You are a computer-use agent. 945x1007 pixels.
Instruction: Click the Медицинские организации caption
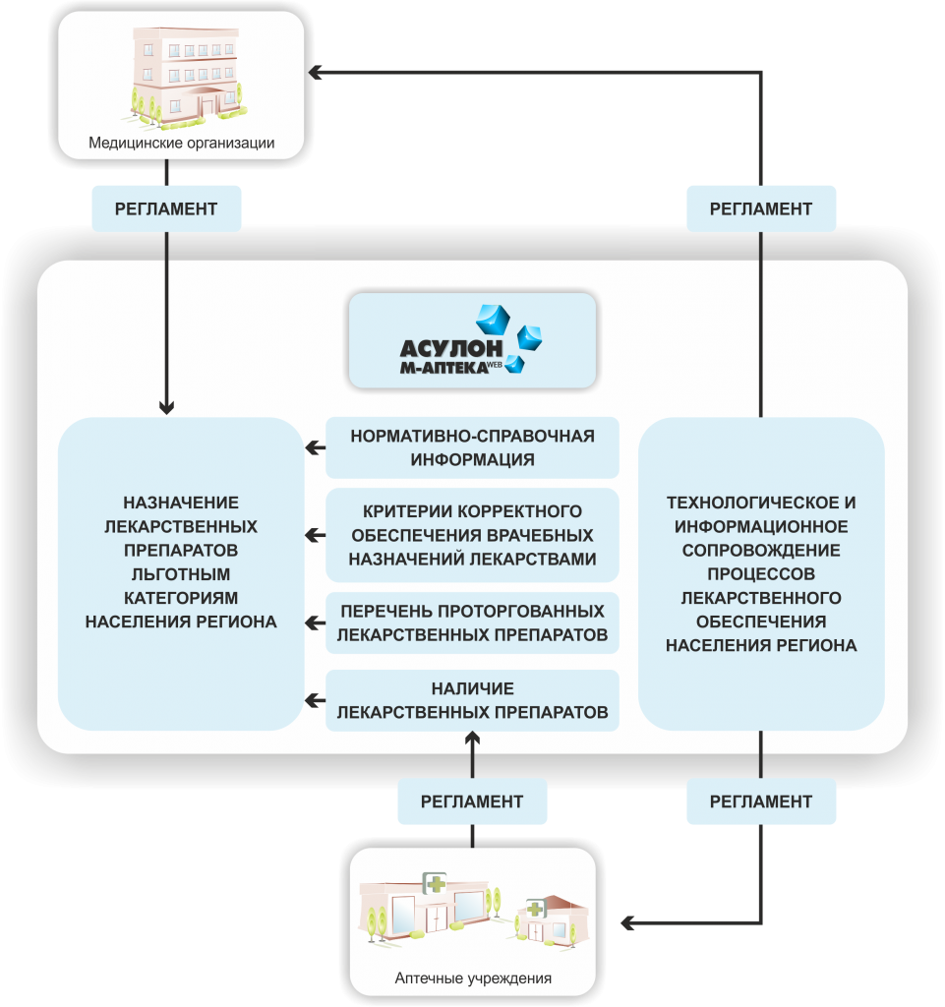[x=182, y=143]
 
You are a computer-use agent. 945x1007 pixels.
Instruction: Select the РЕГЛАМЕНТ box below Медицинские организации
[x=166, y=208]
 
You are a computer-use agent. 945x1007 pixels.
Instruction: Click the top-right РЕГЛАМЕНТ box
[x=761, y=208]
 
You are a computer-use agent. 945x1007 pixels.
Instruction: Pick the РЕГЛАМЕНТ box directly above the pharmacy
[x=472, y=801]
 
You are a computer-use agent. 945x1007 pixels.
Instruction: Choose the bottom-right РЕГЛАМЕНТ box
[x=761, y=801]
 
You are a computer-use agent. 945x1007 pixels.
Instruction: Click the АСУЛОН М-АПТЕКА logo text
[x=451, y=356]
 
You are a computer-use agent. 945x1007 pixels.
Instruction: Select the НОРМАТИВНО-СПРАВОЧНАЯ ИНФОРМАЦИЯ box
[x=472, y=447]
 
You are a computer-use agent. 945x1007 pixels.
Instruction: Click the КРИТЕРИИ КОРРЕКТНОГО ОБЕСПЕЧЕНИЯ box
[x=472, y=535]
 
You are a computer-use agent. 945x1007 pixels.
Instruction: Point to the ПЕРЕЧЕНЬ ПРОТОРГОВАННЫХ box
[x=472, y=622]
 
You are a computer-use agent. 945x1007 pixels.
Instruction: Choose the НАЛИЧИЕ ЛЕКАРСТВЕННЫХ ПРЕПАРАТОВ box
[x=472, y=700]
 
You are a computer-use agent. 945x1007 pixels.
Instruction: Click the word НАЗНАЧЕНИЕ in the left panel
[x=181, y=503]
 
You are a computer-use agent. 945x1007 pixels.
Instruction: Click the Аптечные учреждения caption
[x=473, y=978]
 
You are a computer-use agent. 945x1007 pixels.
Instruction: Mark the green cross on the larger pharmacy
[x=436, y=884]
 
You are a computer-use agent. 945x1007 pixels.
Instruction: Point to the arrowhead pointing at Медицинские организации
[x=315, y=72]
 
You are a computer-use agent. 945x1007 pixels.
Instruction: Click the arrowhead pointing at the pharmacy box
[x=627, y=922]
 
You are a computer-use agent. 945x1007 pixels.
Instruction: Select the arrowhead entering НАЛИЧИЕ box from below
[x=472, y=740]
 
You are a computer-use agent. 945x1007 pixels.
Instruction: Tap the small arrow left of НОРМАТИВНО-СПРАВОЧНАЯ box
[x=315, y=447]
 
